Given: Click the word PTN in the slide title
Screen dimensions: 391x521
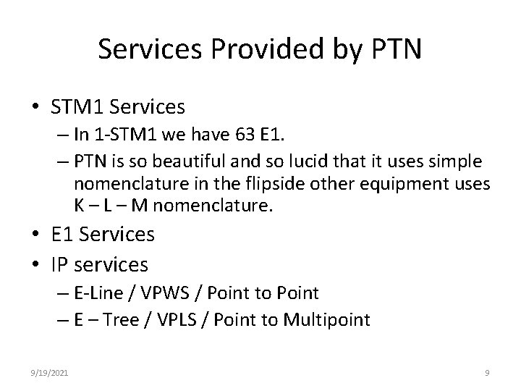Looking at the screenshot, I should (x=396, y=49).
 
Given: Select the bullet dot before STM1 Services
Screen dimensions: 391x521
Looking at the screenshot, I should (x=35, y=109).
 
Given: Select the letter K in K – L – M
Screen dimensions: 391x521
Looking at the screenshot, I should (x=79, y=206).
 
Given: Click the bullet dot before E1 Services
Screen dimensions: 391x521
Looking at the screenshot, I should (x=35, y=235).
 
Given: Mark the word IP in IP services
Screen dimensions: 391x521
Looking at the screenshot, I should (x=62, y=264).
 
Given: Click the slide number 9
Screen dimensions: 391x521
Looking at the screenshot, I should (x=487, y=373).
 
